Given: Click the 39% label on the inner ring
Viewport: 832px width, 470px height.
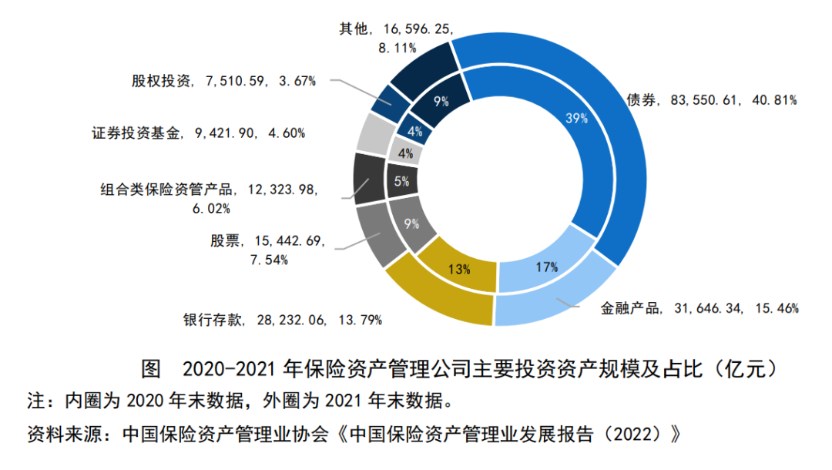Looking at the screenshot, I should pyautogui.click(x=577, y=119).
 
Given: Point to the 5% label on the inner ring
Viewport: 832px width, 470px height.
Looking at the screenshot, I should pyautogui.click(x=401, y=182).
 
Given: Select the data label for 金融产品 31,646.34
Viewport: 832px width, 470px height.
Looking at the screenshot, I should pyautogui.click(x=699, y=308).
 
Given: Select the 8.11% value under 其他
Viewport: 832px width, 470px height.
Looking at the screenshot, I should pyautogui.click(x=397, y=47).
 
